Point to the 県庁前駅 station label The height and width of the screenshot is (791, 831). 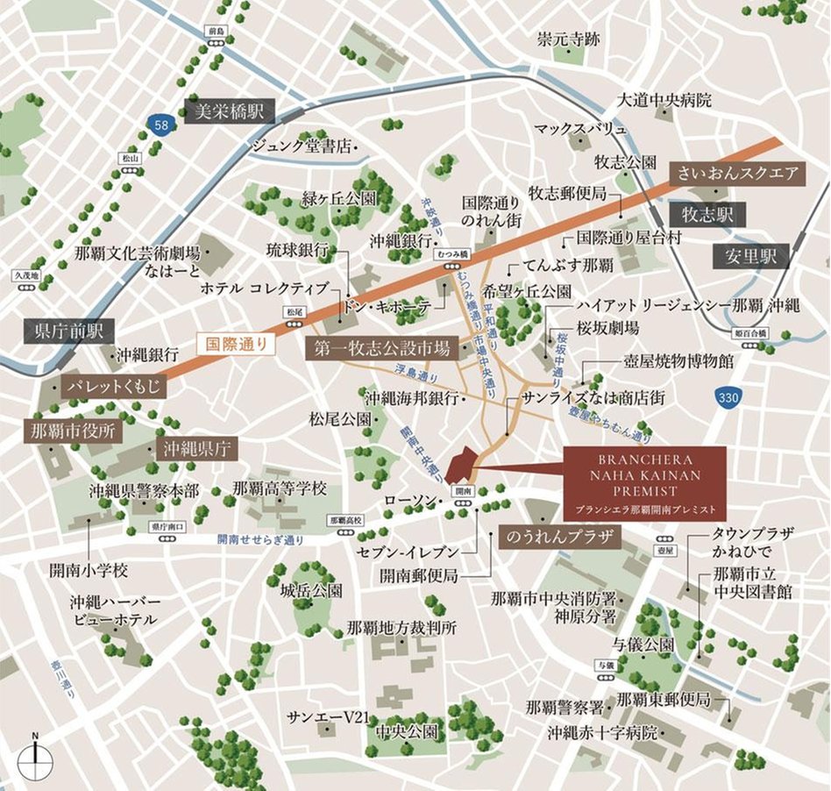coord(69,331)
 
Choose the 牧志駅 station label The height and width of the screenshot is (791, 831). coord(706,213)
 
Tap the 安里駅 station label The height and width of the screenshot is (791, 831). coord(750,257)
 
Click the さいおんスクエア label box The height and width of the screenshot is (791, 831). coord(736,173)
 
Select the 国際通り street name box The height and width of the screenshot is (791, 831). coord(236,344)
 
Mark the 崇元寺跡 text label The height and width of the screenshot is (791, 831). coord(568,39)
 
